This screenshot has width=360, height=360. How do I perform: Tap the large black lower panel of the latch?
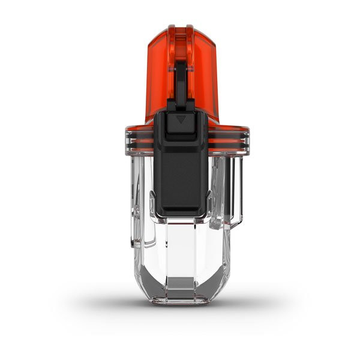[x=181, y=174]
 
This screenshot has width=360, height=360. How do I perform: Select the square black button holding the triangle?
[x=181, y=124]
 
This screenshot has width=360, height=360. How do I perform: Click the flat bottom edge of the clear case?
[x=181, y=302]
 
